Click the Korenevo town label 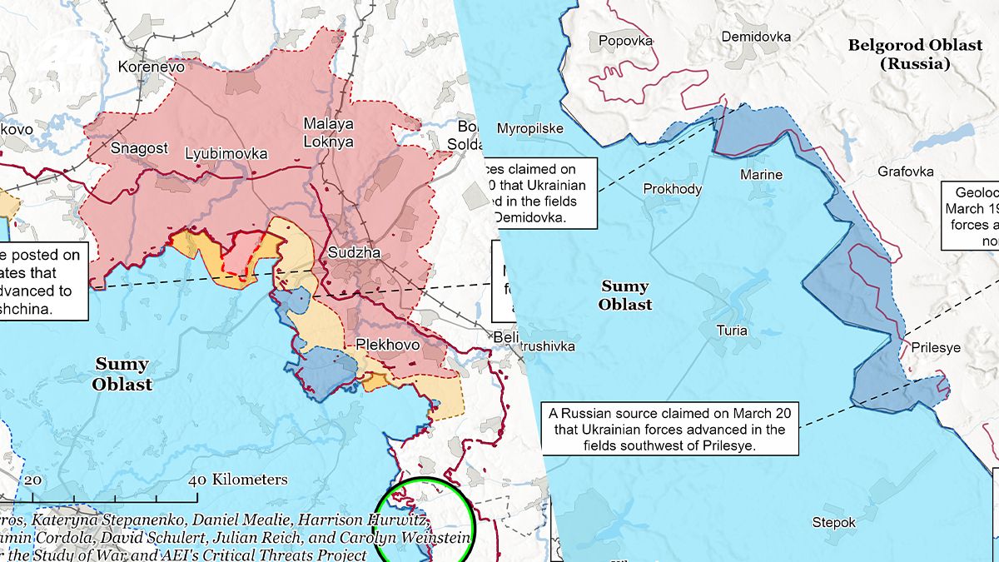(152, 67)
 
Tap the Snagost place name (139, 148)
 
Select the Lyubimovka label (226, 153)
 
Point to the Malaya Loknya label (328, 132)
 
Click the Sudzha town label (354, 252)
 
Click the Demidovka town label (756, 37)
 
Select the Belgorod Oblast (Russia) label (915, 54)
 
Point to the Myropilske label (530, 128)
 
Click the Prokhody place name (672, 189)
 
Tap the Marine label (761, 175)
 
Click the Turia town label (732, 331)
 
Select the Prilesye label (936, 348)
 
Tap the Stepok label (833, 523)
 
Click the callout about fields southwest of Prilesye (671, 429)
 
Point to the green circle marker (425, 523)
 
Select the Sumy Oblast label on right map (624, 296)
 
